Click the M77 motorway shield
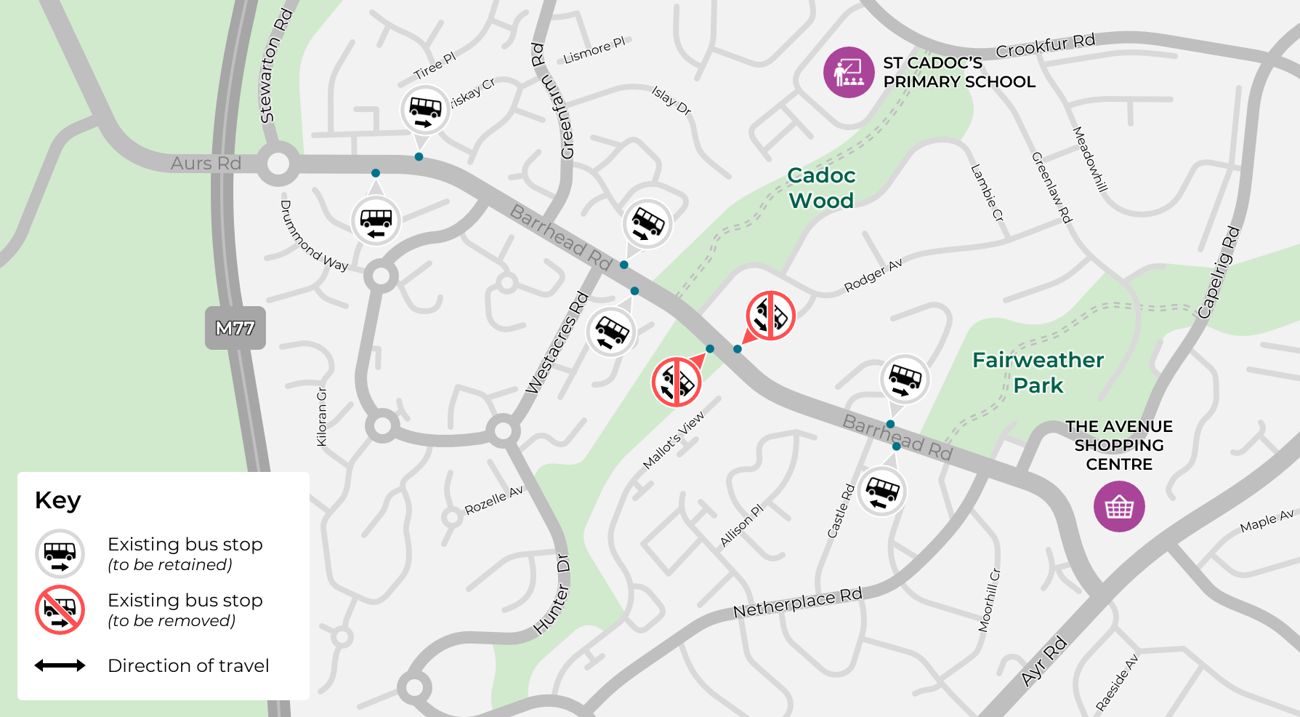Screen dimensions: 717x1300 click(235, 329)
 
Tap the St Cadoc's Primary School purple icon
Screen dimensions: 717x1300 click(848, 72)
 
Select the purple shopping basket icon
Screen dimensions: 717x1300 click(1119, 507)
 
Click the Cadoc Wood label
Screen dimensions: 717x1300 click(821, 188)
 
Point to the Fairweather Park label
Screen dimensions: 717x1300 click(1038, 372)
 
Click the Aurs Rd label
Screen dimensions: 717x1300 click(206, 163)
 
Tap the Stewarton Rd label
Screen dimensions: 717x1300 click(276, 65)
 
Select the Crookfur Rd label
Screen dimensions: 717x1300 click(1045, 46)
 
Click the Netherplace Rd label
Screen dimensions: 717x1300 click(797, 603)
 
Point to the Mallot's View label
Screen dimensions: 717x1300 click(674, 441)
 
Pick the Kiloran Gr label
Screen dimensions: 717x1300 click(322, 417)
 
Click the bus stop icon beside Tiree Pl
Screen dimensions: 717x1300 click(425, 111)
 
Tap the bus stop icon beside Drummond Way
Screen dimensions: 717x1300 click(376, 221)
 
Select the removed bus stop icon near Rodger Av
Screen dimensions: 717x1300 click(770, 316)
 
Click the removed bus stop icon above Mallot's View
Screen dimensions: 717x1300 click(677, 382)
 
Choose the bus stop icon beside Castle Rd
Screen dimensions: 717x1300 click(882, 492)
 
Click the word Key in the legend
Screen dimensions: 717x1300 click(58, 500)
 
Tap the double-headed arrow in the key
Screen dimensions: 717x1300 click(60, 665)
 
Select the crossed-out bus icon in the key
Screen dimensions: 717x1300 click(60, 609)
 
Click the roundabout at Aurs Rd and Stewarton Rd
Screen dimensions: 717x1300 click(278, 164)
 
